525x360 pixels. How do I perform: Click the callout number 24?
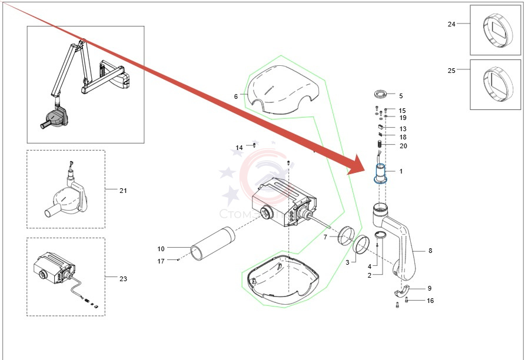click(451, 24)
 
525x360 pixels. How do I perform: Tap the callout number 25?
click(451, 71)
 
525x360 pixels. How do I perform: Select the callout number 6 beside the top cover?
click(236, 96)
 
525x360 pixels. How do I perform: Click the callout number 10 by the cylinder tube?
click(161, 248)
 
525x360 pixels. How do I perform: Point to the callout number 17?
click(161, 261)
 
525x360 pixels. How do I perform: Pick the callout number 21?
click(123, 191)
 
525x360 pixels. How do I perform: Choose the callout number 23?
click(123, 278)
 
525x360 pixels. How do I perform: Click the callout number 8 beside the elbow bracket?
click(430, 251)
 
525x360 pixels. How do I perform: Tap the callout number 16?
click(430, 301)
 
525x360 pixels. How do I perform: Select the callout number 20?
click(403, 146)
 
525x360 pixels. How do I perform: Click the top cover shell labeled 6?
click(283, 88)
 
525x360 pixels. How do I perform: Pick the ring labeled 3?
click(361, 242)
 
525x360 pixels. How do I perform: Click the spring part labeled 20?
click(379, 144)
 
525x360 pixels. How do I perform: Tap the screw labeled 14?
click(254, 144)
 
